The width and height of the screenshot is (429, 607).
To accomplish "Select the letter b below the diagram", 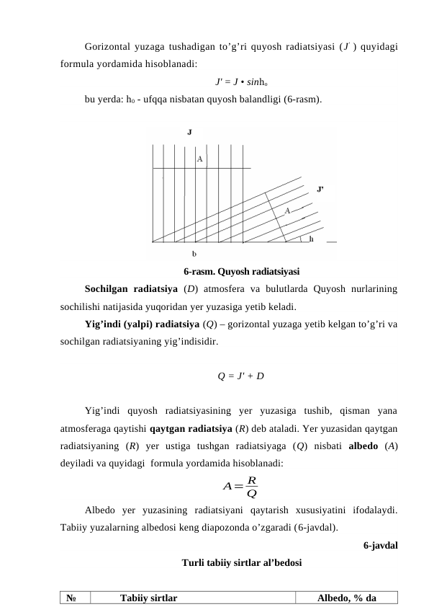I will coord(194,254).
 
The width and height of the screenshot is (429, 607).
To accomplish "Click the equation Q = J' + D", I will coord(240,375).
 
